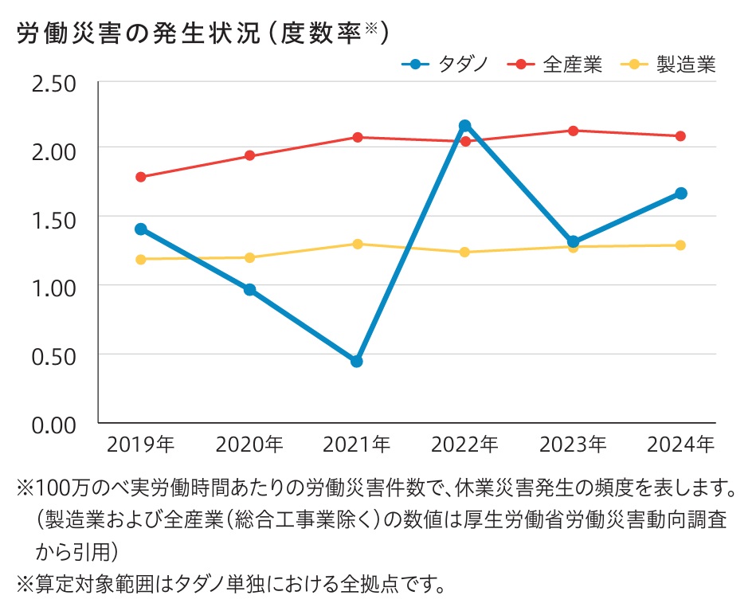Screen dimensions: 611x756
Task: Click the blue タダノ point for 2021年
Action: pos(357,361)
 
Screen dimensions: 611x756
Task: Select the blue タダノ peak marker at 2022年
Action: pos(464,125)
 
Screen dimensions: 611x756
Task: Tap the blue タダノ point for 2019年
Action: pos(141,229)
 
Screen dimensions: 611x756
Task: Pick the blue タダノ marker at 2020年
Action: pos(249,289)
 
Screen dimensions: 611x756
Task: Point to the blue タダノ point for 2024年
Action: pos(681,193)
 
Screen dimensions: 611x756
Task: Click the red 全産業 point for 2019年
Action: pos(141,177)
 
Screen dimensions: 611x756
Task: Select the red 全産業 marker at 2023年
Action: pos(573,130)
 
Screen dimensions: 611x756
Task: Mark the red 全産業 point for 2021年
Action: pos(357,137)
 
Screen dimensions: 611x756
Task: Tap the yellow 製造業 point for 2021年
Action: pos(357,244)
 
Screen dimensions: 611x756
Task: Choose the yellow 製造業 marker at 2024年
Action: pos(681,245)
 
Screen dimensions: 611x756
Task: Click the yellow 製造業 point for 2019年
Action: pos(141,259)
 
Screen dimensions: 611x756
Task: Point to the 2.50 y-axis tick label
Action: pos(53,83)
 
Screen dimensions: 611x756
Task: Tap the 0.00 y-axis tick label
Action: pos(53,424)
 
